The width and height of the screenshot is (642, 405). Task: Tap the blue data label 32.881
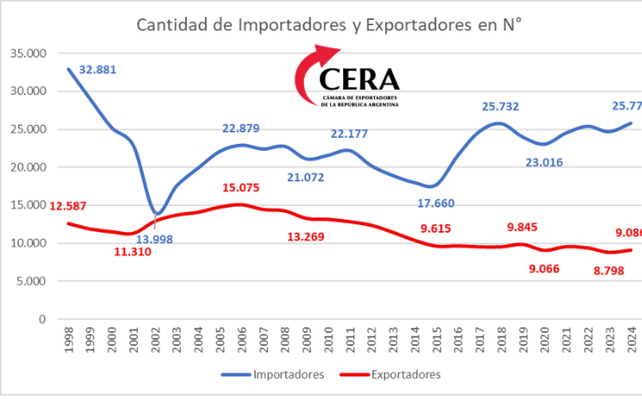(x=97, y=70)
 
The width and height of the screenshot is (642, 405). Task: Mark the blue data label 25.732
(x=501, y=107)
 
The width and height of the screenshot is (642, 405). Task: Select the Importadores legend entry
(x=274, y=374)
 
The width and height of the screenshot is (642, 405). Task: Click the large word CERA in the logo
(x=359, y=79)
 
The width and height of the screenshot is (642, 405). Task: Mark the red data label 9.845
(x=522, y=227)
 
